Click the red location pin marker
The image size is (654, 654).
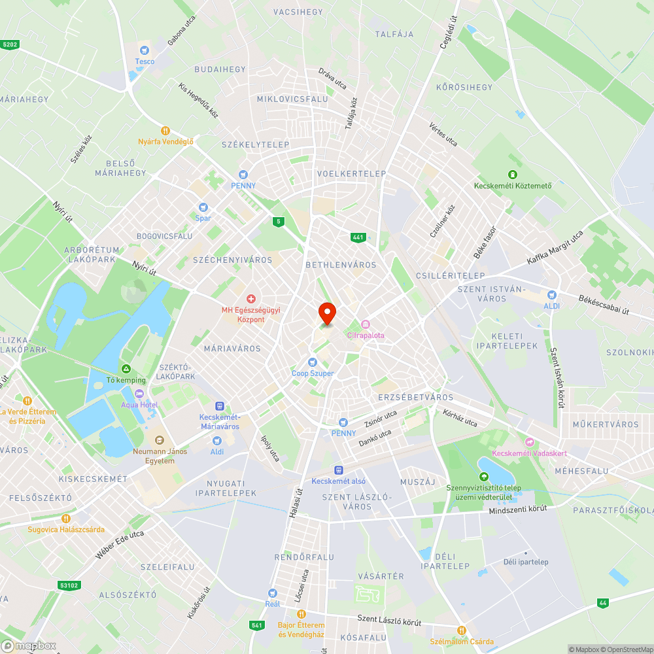[x=326, y=313]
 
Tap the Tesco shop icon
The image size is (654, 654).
[x=145, y=50]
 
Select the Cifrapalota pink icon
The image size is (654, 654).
[x=366, y=324]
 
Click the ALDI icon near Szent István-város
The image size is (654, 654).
[x=551, y=295]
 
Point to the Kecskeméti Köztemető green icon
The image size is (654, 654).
[x=513, y=174]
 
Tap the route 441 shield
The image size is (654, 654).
[x=357, y=237]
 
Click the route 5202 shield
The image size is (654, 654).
[x=10, y=44]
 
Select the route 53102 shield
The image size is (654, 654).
[x=68, y=586]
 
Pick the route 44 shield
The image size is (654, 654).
[x=602, y=602]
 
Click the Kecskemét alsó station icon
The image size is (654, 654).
[x=339, y=470]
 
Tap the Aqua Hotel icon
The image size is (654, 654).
[x=139, y=394]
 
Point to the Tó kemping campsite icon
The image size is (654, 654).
[x=126, y=369]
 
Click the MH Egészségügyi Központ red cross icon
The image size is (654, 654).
[x=251, y=298]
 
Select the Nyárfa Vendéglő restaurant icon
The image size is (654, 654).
[x=165, y=130]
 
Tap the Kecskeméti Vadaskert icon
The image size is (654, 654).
[x=530, y=442]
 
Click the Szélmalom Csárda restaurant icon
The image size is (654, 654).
[x=462, y=630]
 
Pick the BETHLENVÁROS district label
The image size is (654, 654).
[x=341, y=265]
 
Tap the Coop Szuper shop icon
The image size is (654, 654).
[x=313, y=362]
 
